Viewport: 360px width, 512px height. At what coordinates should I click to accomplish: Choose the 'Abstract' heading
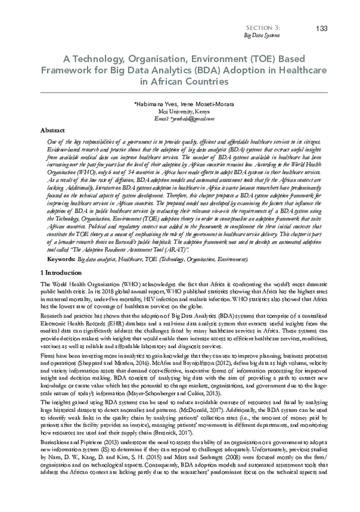(x=52, y=130)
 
